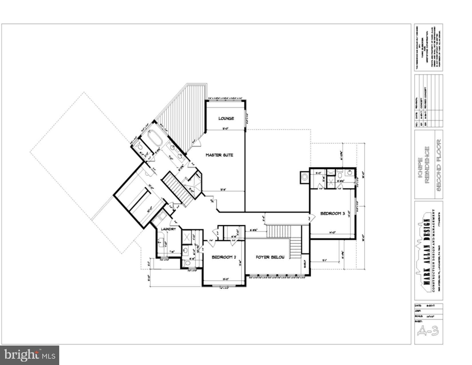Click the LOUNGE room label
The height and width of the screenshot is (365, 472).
[226, 118]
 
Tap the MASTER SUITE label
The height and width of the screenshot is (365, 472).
[219, 155]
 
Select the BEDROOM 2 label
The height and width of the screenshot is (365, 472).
[224, 257]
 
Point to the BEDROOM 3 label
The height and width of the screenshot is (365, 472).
[332, 213]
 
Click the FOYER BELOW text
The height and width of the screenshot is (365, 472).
[270, 257]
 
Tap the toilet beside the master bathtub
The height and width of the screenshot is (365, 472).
[140, 147]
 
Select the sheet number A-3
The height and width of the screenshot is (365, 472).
[428, 331]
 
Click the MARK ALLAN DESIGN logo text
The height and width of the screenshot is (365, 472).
[426, 252]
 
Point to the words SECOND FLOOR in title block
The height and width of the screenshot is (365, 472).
[439, 165]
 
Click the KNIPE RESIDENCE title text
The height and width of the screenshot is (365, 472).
[423, 165]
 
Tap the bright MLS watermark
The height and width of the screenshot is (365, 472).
[29, 355]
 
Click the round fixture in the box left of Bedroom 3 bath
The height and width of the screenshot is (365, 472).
[305, 177]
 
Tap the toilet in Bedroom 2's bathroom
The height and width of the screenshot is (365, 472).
[187, 263]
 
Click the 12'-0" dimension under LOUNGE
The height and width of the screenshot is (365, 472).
[226, 129]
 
